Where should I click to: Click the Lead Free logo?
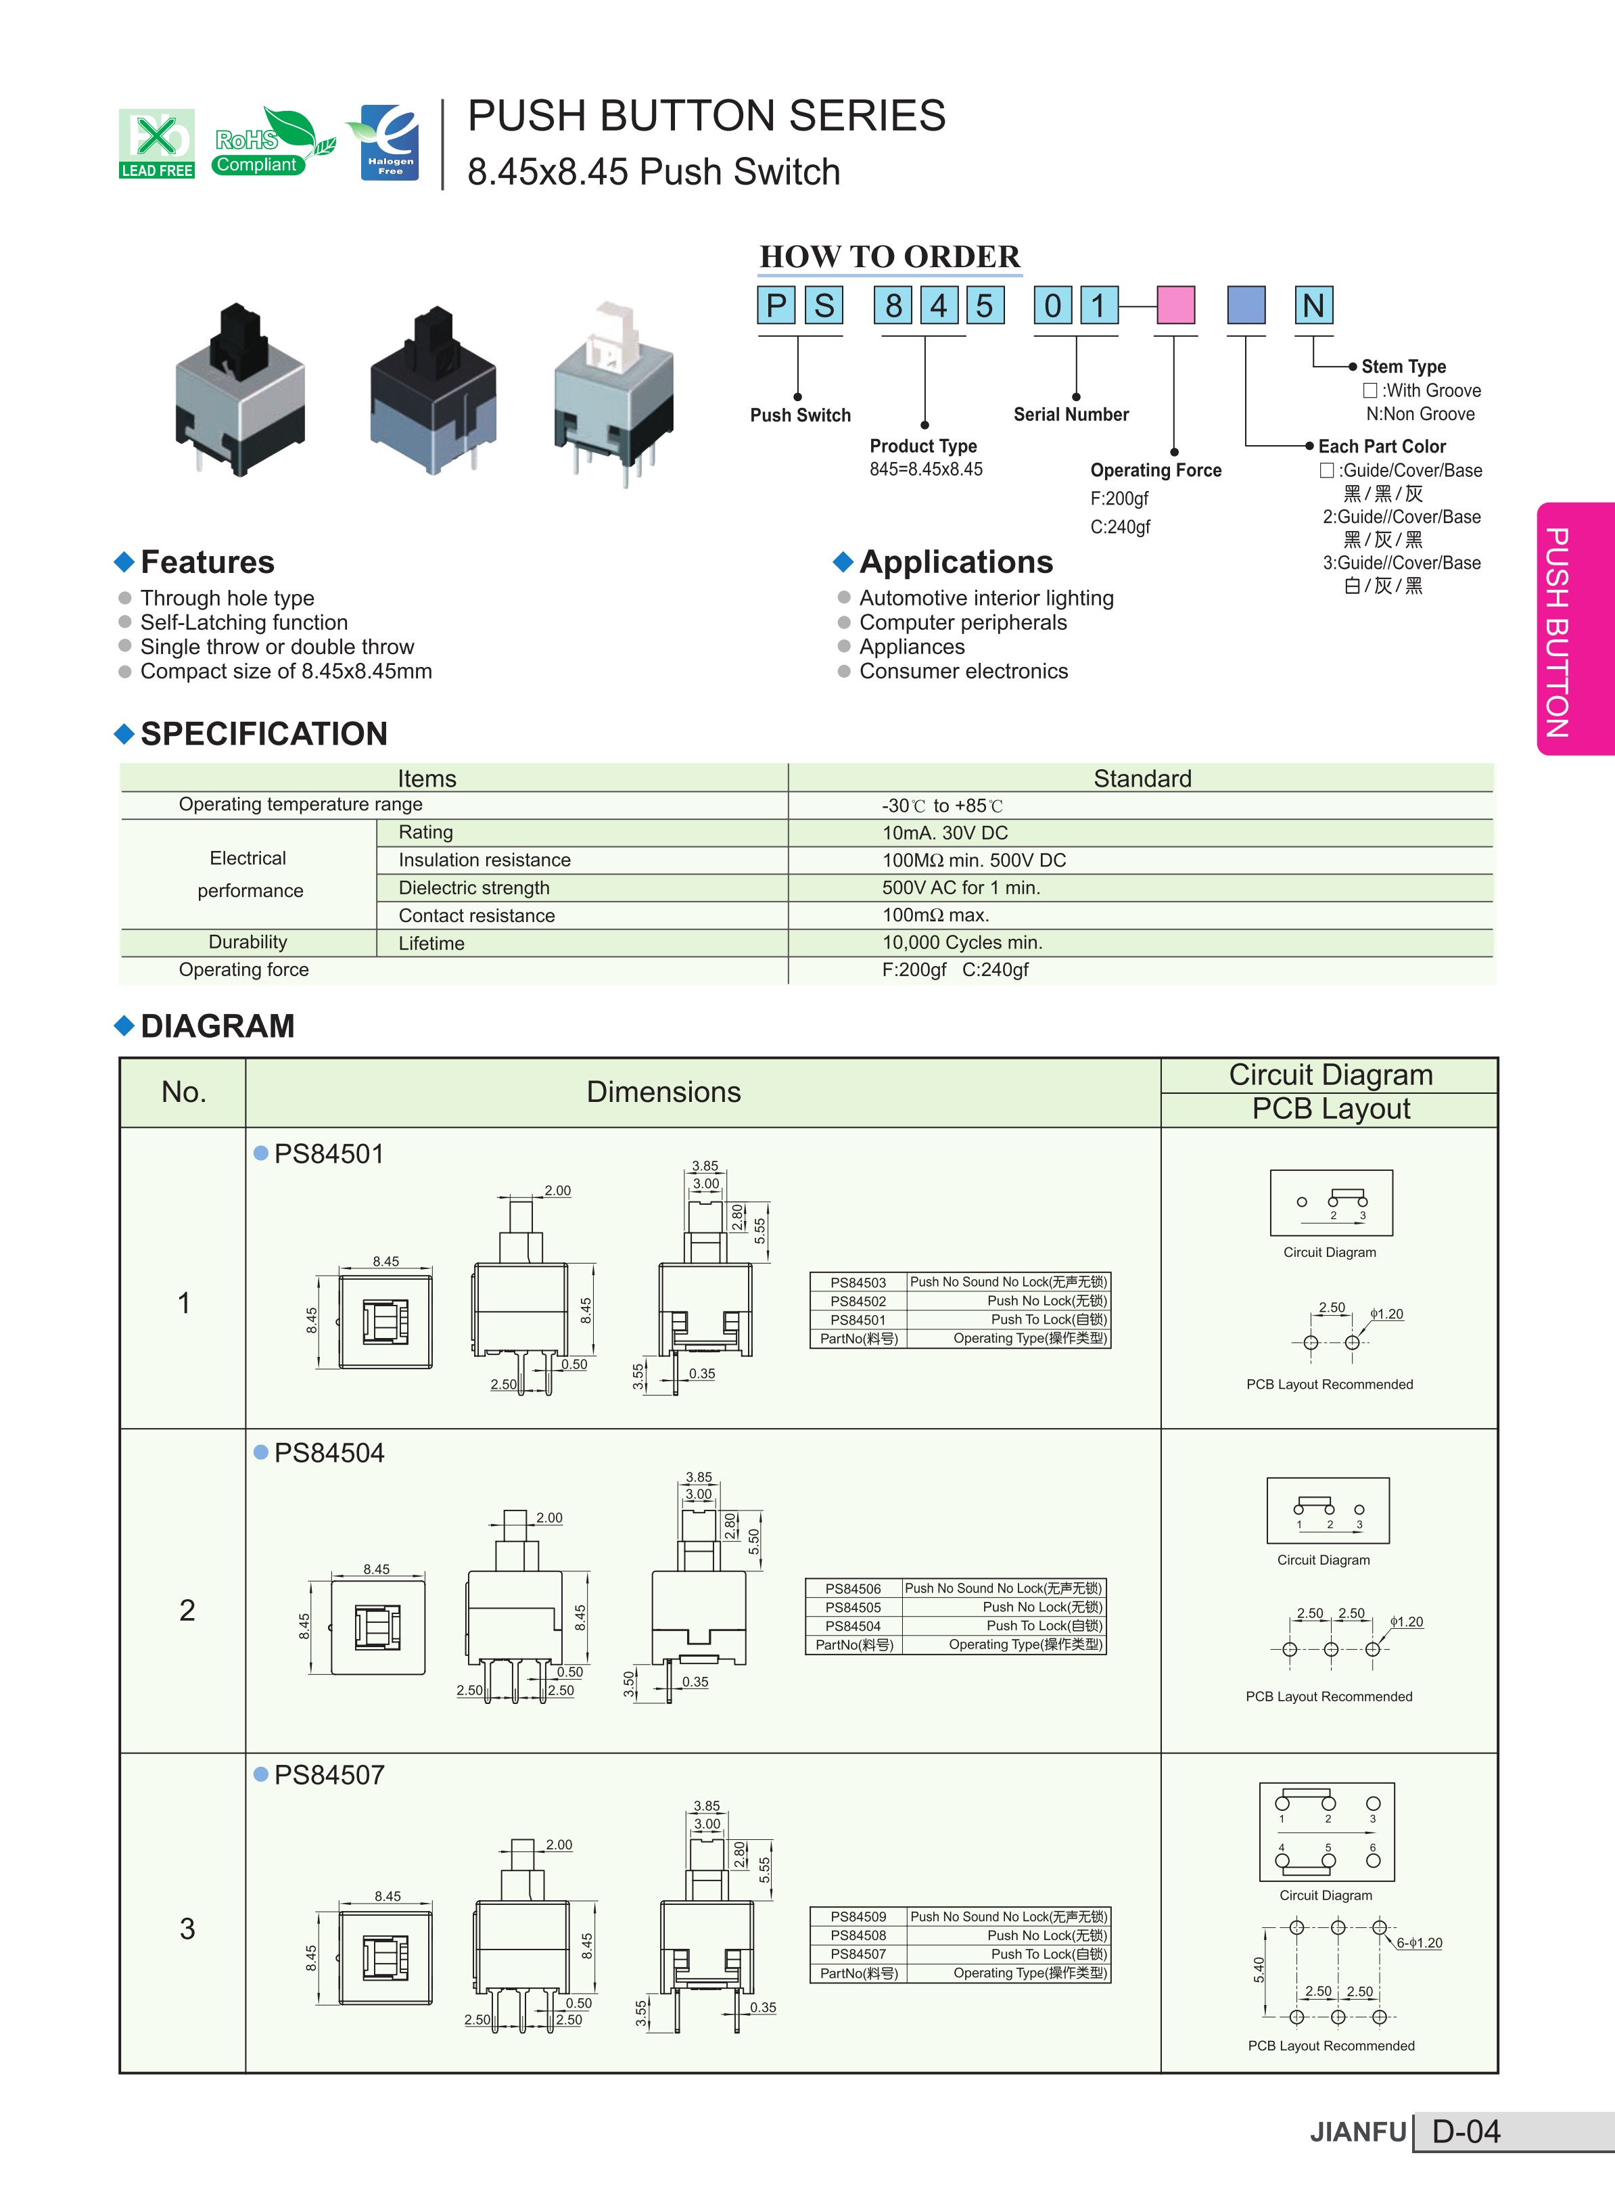(x=156, y=143)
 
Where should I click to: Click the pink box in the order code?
(x=1175, y=305)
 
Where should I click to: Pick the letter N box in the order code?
(x=1313, y=305)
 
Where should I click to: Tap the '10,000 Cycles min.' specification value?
(x=962, y=942)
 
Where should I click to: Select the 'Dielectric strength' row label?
(x=474, y=888)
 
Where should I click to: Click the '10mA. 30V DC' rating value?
(x=944, y=833)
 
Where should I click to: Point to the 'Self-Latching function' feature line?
(x=243, y=623)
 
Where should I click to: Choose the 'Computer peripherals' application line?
(x=963, y=623)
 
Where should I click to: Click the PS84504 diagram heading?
(x=329, y=1453)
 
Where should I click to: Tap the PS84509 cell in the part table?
(x=858, y=1917)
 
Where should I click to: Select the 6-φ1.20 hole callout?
(x=1418, y=1943)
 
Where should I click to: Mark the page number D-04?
(x=1466, y=2132)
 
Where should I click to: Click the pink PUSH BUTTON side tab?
(x=1575, y=628)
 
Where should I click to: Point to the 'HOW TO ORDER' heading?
(x=889, y=256)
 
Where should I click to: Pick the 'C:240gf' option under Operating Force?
(x=1121, y=527)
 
